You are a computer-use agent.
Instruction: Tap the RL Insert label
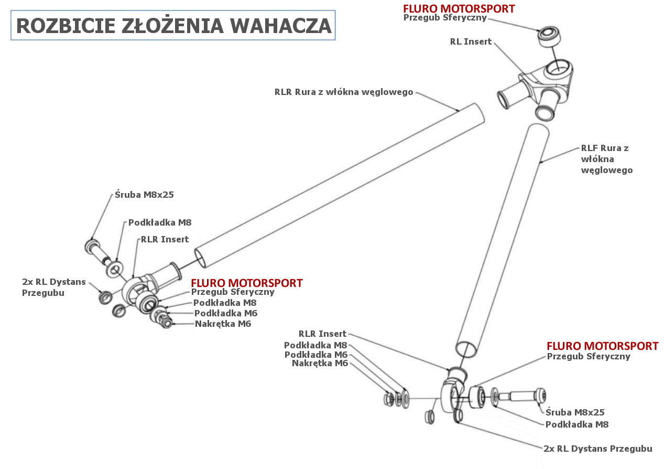tap(471, 41)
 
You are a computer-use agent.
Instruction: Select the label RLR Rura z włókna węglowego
tap(344, 92)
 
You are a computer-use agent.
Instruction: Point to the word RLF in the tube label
tap(589, 148)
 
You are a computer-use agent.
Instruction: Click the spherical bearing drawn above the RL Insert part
tap(549, 36)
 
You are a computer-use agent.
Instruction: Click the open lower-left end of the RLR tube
tap(200, 259)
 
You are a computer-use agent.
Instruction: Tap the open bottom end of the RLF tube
tap(466, 349)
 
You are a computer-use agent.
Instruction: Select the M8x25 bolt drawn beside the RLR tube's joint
tap(98, 252)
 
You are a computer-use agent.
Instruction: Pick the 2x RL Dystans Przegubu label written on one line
tap(597, 449)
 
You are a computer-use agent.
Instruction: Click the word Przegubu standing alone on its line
tap(43, 293)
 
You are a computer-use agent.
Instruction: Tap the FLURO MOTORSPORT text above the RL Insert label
tap(459, 8)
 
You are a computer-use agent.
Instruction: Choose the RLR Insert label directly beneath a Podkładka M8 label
tap(165, 239)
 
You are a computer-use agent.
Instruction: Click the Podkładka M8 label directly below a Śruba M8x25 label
tap(577, 424)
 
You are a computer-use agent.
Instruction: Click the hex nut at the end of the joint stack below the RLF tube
tap(389, 399)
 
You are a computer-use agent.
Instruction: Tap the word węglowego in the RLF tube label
tap(607, 170)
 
